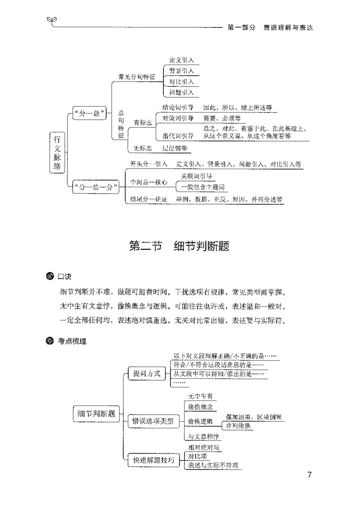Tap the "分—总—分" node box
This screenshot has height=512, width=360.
coord(94,186)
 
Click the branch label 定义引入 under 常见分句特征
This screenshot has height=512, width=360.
coord(181,60)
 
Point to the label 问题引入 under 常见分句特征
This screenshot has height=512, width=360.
coord(181,93)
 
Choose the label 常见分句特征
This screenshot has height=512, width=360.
coord(136,76)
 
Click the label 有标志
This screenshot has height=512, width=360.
coord(143,122)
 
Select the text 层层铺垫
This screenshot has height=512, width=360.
coord(175,148)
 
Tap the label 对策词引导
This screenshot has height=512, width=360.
coord(178,118)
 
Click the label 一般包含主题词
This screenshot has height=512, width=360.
coord(202,187)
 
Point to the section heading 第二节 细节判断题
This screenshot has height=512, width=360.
coord(180,246)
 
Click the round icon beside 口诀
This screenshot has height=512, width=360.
coord(50,276)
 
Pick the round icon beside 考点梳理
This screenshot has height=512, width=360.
coord(50,341)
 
